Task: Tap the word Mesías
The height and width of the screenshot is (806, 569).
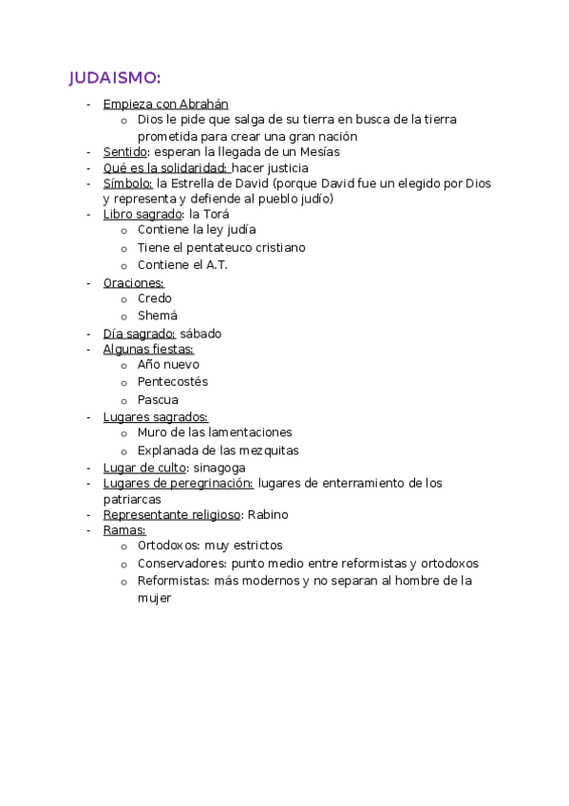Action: click(x=318, y=151)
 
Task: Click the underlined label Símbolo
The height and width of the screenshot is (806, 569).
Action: click(x=127, y=183)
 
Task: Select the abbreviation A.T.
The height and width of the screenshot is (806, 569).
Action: click(x=216, y=264)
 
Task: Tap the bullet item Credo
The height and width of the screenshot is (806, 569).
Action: click(x=154, y=298)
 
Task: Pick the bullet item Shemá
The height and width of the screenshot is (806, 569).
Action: click(x=157, y=316)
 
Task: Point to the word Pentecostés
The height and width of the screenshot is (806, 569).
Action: click(x=172, y=381)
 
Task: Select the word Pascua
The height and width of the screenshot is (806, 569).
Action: click(x=157, y=399)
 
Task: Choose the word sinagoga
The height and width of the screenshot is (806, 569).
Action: click(x=219, y=468)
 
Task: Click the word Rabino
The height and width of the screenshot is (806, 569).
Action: click(x=268, y=514)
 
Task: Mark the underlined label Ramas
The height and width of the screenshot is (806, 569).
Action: click(x=123, y=529)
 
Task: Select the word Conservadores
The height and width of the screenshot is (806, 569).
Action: click(x=175, y=564)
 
